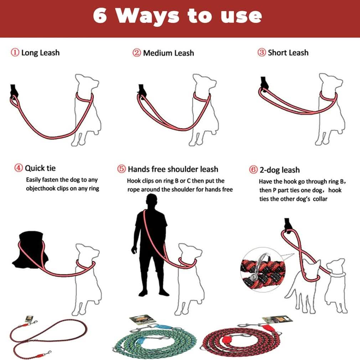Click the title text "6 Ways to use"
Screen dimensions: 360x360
coord(178,16)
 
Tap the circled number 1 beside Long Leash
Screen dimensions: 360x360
coord(15,53)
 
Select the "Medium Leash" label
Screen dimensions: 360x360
coord(168,53)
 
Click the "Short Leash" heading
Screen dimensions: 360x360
coord(288,53)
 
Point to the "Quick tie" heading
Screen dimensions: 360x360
coord(40,168)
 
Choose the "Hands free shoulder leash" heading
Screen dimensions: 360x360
coord(173,169)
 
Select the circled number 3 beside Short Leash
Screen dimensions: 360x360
coord(262,53)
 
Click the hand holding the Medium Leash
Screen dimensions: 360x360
coord(142,92)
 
